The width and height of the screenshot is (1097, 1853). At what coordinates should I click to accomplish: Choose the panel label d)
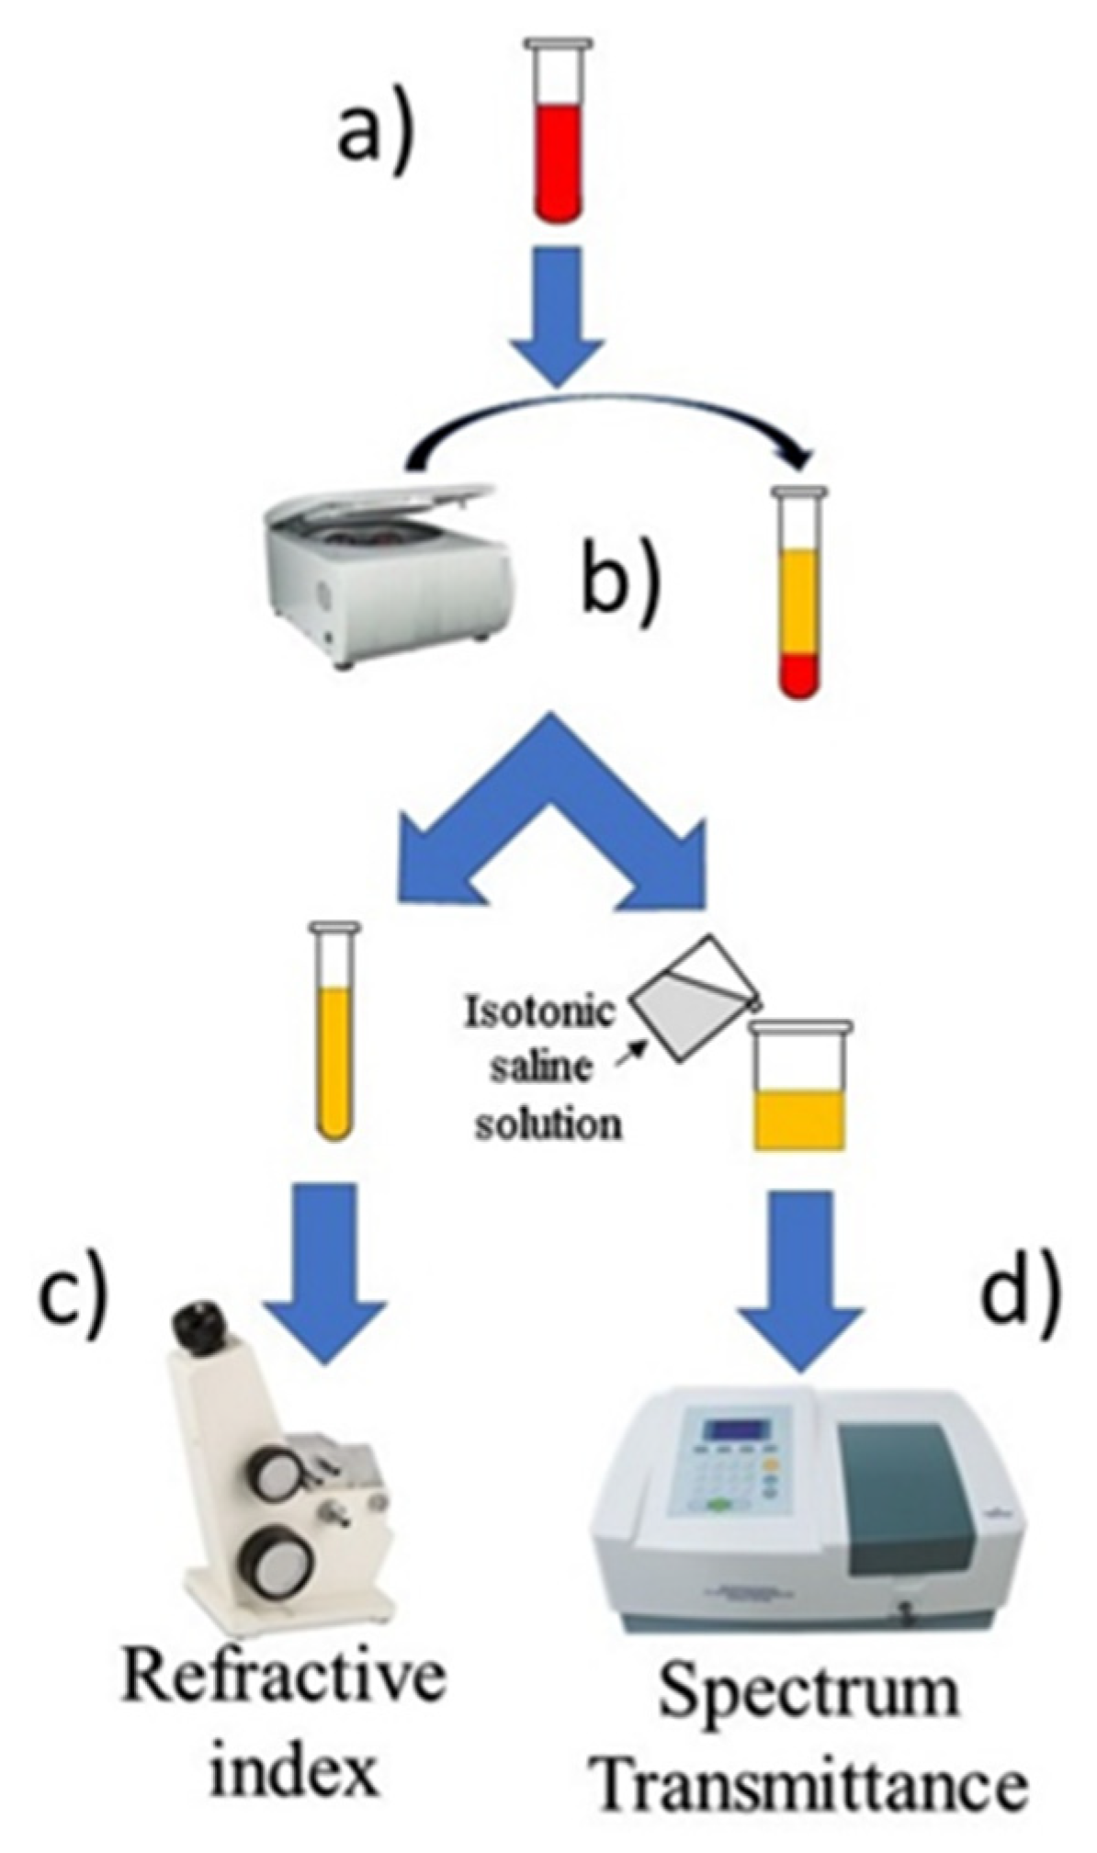tap(1020, 1286)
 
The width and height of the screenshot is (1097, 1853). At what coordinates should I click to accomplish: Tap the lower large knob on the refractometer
tap(273, 1565)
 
